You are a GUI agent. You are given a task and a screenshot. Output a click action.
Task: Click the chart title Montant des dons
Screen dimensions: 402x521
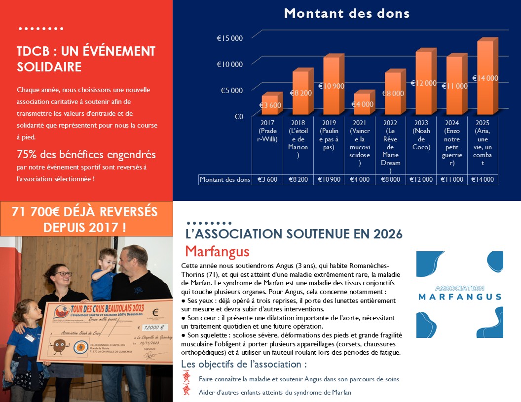pos(346,13)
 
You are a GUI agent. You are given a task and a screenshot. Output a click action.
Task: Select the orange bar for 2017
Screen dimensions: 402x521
pos(269,104)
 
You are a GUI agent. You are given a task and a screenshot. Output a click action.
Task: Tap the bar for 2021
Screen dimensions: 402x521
pos(362,104)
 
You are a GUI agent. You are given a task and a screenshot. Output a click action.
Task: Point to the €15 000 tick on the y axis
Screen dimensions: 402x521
pos(230,38)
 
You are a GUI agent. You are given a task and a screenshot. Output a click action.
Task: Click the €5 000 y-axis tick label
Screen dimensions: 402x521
pos(231,90)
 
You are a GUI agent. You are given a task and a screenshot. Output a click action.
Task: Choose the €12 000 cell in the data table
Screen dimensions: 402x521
pos(421,180)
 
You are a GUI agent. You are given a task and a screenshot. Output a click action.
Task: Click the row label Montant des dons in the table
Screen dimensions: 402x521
pos(225,180)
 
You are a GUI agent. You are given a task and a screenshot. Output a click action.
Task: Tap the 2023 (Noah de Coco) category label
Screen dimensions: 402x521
pos(421,135)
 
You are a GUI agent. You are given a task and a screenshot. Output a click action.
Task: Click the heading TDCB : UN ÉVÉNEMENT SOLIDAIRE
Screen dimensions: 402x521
pos(86,59)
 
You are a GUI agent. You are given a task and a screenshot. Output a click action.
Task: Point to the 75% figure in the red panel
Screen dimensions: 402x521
pos(28,154)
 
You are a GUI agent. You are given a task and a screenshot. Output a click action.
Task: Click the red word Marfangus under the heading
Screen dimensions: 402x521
pos(217,251)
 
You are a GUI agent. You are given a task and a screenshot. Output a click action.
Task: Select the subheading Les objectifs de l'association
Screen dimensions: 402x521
pos(244,365)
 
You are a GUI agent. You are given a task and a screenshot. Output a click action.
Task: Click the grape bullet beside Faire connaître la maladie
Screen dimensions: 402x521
pos(186,378)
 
